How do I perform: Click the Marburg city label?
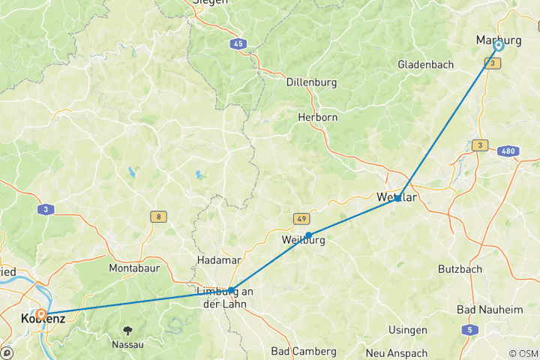pyautogui.click(x=499, y=40)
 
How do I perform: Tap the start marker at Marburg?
pyautogui.click(x=498, y=46)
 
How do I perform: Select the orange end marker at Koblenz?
pyautogui.click(x=41, y=314)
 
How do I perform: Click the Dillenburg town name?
pyautogui.click(x=311, y=82)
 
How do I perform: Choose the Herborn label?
pyautogui.click(x=317, y=118)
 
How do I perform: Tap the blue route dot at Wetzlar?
pyautogui.click(x=397, y=199)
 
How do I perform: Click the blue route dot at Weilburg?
pyautogui.click(x=308, y=235)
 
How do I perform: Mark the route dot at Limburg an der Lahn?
pyautogui.click(x=231, y=289)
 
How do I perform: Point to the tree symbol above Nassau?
pyautogui.click(x=129, y=329)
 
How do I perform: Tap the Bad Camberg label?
pyautogui.click(x=297, y=351)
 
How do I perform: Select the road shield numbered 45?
pyautogui.click(x=238, y=44)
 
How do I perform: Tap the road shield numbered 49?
pyautogui.click(x=301, y=219)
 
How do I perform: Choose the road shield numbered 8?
pyautogui.click(x=159, y=217)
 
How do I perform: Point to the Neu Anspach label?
pyautogui.click(x=396, y=353)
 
